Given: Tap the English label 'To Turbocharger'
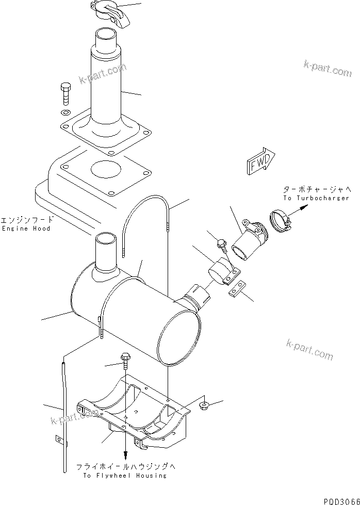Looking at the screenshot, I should tap(316, 198).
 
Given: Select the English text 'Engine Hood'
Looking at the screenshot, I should tap(26, 229).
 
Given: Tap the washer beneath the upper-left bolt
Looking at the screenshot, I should tap(65, 113).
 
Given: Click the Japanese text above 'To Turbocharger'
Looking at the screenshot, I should tap(315, 189).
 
